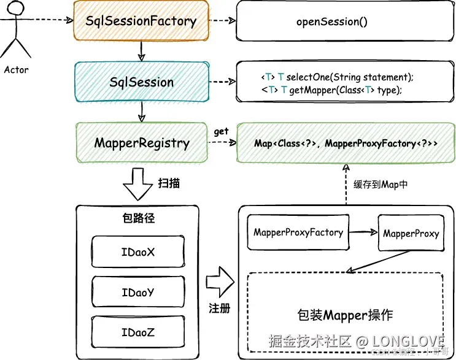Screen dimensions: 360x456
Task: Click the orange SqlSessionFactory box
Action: (x=142, y=21)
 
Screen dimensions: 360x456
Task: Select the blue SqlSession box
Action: (x=142, y=82)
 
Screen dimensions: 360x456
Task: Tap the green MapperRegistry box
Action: (x=142, y=144)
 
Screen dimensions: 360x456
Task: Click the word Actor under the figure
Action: (x=17, y=69)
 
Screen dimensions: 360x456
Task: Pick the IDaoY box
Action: (x=137, y=293)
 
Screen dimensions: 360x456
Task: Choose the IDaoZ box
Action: (x=137, y=333)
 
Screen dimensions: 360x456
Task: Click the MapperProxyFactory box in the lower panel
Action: (x=298, y=232)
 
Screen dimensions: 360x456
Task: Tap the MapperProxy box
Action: (x=411, y=234)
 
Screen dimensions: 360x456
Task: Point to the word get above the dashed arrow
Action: (x=221, y=131)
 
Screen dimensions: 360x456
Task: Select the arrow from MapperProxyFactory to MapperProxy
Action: (x=361, y=232)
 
